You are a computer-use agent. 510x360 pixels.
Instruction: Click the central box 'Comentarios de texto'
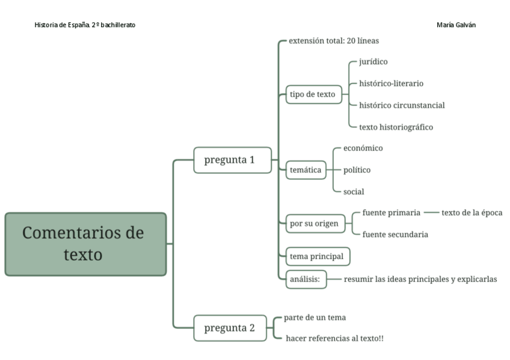[85, 244]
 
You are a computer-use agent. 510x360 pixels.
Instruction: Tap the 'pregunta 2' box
[230, 328]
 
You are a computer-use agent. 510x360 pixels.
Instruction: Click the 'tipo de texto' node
[313, 94]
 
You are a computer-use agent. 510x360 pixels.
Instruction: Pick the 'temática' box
[306, 170]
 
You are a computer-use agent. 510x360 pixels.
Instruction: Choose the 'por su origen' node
[314, 224]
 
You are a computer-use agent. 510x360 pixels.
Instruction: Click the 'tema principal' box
[317, 257]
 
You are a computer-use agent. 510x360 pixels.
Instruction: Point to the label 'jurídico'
[373, 61]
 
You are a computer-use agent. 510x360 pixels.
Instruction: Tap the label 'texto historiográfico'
[396, 127]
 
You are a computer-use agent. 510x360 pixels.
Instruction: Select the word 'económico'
[363, 148]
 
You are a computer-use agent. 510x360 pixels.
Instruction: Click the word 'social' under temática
[354, 192]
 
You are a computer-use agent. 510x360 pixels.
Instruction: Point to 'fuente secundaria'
[395, 234]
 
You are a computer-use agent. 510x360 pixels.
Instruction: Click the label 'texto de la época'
[472, 213]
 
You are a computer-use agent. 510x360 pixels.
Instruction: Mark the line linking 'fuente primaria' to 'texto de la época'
[431, 213]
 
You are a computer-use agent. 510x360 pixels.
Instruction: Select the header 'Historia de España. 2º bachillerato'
[85, 25]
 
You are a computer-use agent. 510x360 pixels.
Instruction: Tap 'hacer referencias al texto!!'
[334, 339]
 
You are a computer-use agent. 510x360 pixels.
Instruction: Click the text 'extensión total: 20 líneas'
[334, 41]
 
